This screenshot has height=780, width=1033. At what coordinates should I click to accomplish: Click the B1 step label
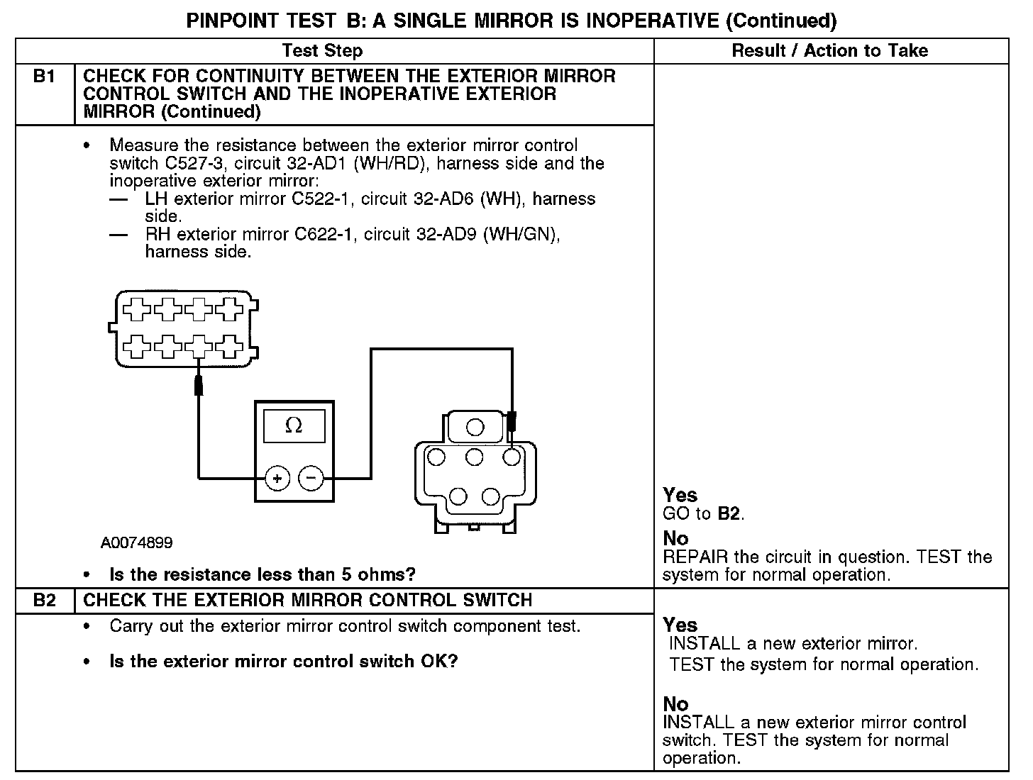pyautogui.click(x=44, y=77)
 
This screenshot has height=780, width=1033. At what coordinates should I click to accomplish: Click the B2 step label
pyautogui.click(x=44, y=601)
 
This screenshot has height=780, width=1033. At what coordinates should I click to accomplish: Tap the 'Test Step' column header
pyautogui.click(x=322, y=51)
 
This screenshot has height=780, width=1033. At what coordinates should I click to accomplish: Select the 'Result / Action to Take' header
pyautogui.click(x=829, y=51)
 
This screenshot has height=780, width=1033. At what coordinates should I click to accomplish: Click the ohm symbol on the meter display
pyautogui.click(x=293, y=425)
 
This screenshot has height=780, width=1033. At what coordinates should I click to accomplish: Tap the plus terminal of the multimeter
pyautogui.click(x=277, y=479)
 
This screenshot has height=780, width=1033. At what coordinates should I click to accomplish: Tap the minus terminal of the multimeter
pyautogui.click(x=310, y=479)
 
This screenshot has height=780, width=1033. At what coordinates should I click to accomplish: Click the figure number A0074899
pyautogui.click(x=136, y=543)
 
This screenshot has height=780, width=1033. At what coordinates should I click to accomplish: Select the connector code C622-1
pyautogui.click(x=325, y=235)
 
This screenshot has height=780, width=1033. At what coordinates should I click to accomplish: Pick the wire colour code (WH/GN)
pyautogui.click(x=521, y=235)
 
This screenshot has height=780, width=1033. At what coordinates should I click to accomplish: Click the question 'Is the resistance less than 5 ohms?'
pyautogui.click(x=262, y=574)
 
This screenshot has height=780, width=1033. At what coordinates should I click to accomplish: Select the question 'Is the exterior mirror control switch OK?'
pyautogui.click(x=283, y=662)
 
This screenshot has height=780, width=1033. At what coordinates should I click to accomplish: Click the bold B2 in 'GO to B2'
pyautogui.click(x=729, y=513)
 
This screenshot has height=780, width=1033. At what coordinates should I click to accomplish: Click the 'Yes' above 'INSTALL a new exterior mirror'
pyautogui.click(x=680, y=625)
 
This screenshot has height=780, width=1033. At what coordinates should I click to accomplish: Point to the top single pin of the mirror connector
pyautogui.click(x=475, y=427)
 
